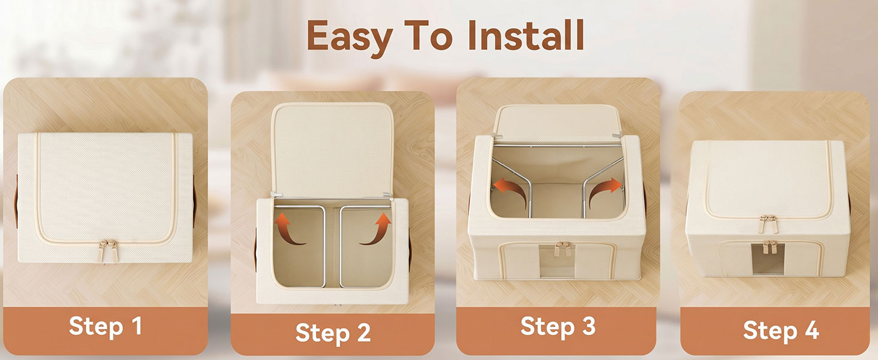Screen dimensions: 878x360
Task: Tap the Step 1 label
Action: coord(105,326)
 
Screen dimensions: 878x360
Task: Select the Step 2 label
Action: coord(333,332)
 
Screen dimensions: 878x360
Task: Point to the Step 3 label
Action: coord(558,326)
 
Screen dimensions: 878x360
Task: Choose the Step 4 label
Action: coord(781,330)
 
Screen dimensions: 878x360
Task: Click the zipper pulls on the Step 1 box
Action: coord(107,250)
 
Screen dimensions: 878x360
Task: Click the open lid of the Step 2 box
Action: coord(332,149)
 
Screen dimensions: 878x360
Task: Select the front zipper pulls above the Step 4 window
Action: coord(770,247)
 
